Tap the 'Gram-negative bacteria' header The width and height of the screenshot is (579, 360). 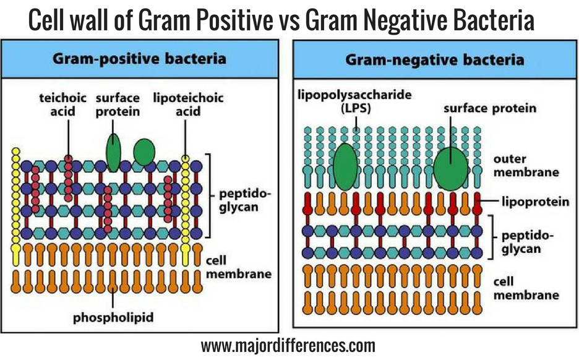click(435, 59)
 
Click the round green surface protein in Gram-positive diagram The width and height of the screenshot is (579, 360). click(144, 152)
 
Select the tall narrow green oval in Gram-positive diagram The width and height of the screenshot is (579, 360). click(113, 152)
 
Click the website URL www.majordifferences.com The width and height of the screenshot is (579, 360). click(288, 344)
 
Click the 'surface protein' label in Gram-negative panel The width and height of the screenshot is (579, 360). click(489, 109)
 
